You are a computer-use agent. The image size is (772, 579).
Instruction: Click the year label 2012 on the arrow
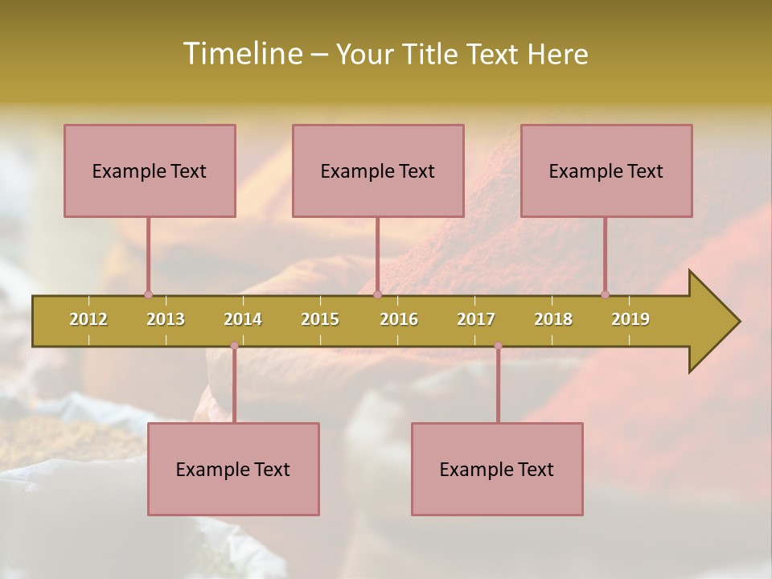tap(88, 319)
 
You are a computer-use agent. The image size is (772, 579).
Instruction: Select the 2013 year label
tap(166, 319)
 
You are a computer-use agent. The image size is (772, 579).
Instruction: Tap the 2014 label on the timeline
tap(243, 319)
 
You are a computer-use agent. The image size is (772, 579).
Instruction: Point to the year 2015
tap(320, 319)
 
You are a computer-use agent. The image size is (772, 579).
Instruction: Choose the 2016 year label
tap(399, 319)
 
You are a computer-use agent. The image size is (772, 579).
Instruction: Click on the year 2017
tap(476, 319)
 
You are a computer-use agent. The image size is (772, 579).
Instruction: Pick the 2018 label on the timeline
tap(553, 319)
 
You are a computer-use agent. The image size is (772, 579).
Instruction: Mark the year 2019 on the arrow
tap(630, 319)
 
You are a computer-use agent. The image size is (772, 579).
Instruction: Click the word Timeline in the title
tap(242, 54)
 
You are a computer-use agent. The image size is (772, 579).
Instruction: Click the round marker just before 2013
tap(148, 294)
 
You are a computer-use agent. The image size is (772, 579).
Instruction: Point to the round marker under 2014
tap(234, 345)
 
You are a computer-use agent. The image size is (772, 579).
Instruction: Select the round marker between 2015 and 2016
tap(377, 294)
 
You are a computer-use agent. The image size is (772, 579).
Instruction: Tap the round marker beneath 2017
tap(498, 345)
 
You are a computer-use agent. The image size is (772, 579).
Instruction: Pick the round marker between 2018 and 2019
tap(605, 294)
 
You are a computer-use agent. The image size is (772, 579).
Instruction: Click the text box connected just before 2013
tap(150, 170)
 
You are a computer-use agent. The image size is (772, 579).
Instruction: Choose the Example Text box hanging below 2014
tap(233, 469)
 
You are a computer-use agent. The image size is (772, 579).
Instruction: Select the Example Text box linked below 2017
tap(497, 469)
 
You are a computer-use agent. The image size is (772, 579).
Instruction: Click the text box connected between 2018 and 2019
tap(606, 170)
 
